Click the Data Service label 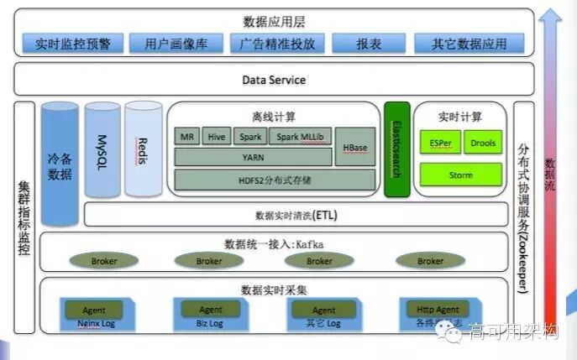[274, 80]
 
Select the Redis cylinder [143, 149]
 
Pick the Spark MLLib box [301, 137]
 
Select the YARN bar [253, 156]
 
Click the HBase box [356, 148]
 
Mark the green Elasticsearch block [396, 150]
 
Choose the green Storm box [460, 175]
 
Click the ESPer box [439, 143]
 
